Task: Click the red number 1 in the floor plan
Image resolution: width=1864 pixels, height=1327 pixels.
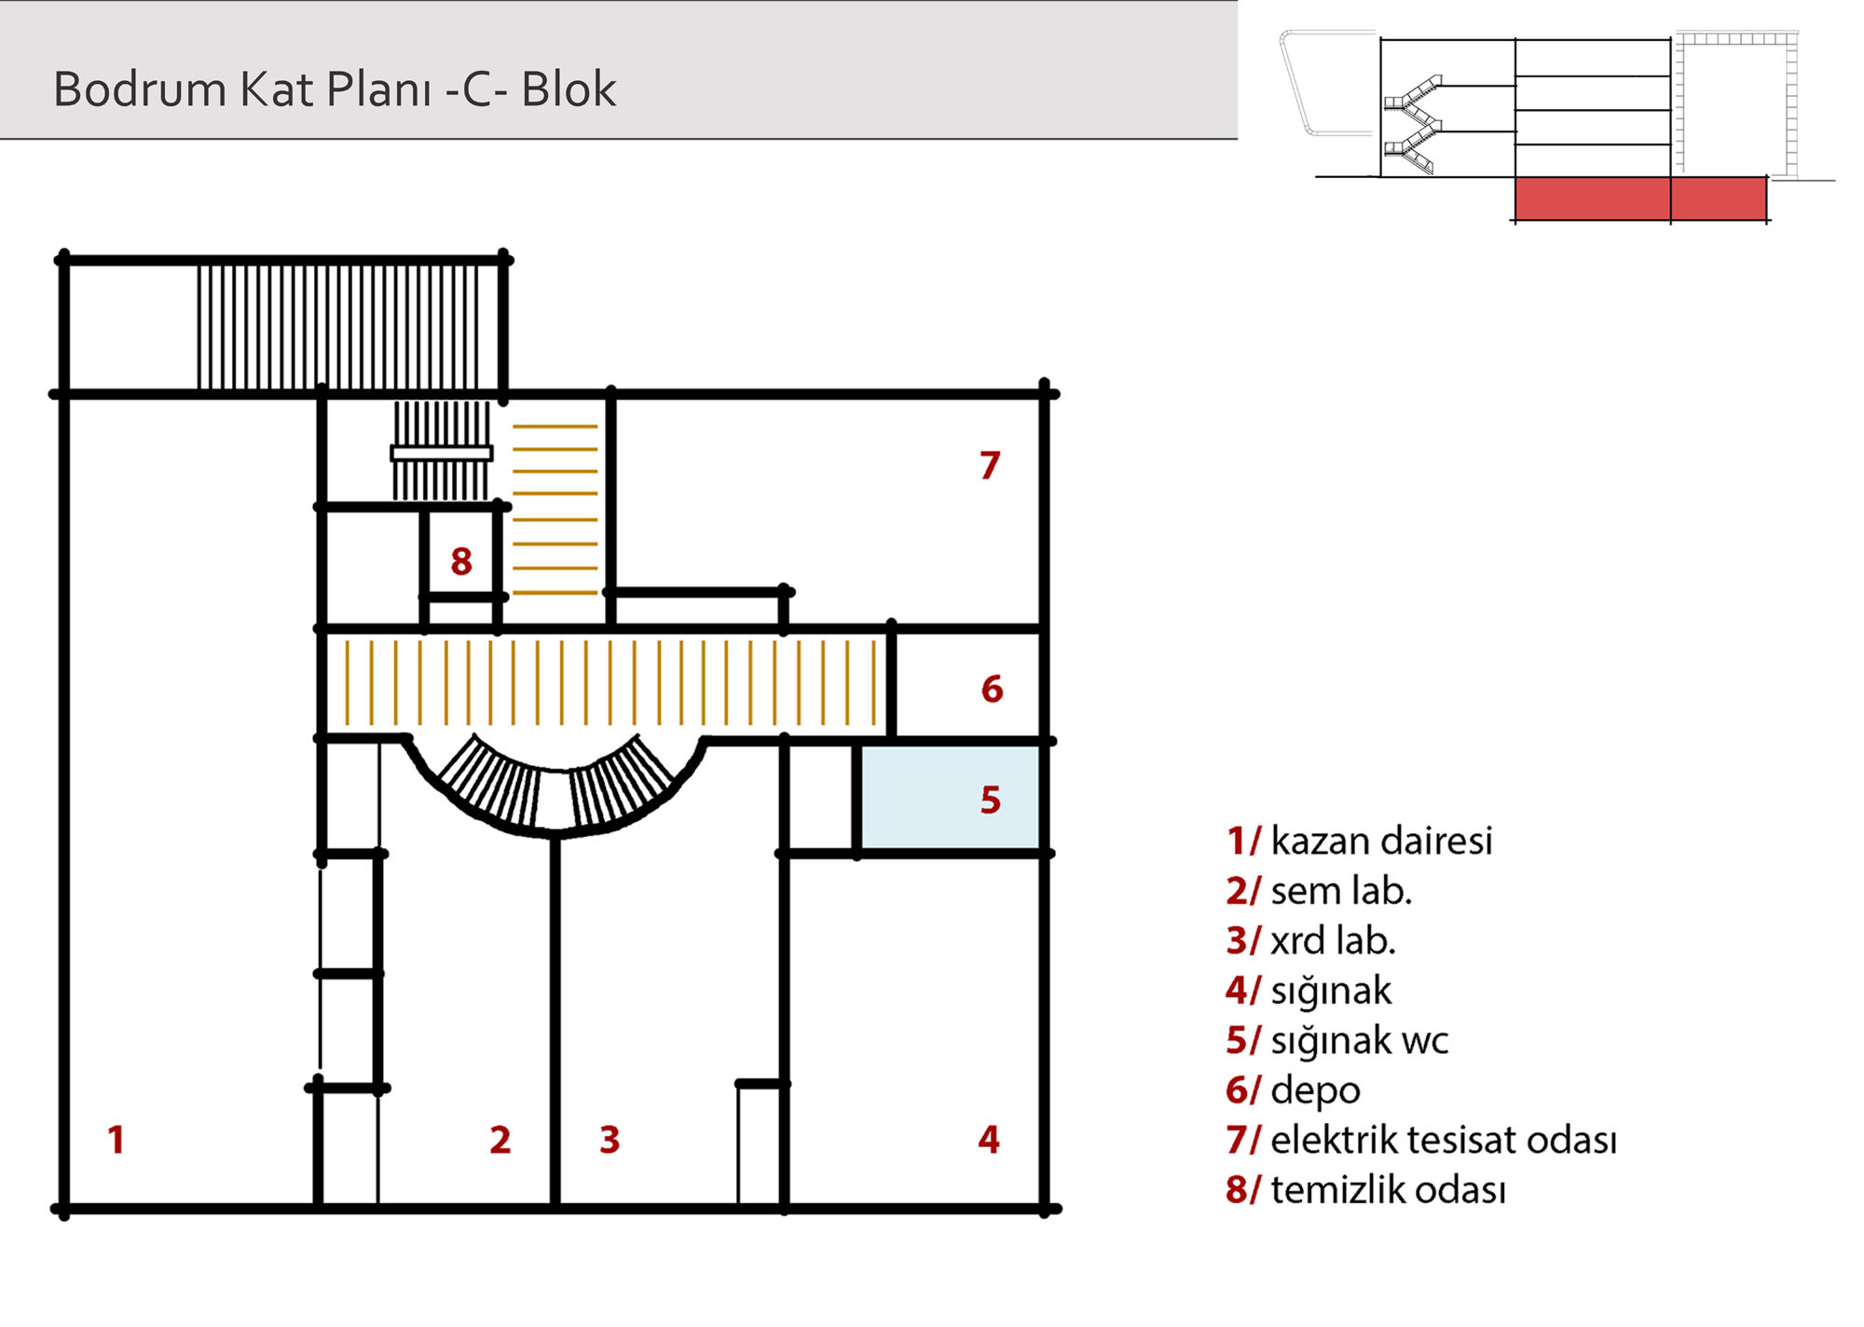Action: pos(116,1140)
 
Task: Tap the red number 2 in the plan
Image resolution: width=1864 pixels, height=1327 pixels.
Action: pos(500,1140)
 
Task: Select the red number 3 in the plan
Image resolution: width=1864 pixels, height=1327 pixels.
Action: pos(610,1140)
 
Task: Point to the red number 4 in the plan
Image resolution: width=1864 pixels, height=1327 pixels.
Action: pos(989,1140)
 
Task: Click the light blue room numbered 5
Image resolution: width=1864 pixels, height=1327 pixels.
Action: pos(949,798)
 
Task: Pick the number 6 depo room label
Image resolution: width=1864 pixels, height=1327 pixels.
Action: pos(993,690)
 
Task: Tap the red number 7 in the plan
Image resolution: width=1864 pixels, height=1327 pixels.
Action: pos(990,465)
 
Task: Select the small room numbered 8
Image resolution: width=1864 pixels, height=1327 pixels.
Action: pos(461,552)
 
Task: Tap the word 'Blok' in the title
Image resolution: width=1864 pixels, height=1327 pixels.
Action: pos(569,89)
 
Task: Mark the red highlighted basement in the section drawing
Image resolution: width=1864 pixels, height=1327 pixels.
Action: pos(1640,198)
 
